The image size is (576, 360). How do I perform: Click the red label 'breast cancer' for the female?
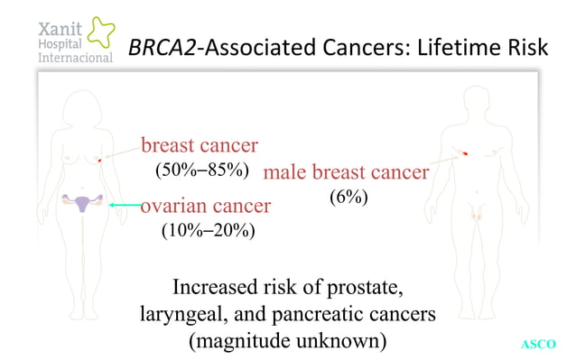(x=200, y=144)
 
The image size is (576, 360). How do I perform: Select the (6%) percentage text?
(x=348, y=197)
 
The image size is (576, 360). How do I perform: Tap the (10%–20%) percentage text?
(x=208, y=231)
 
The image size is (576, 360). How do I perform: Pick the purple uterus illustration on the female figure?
(x=82, y=203)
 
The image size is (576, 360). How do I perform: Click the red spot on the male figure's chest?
(x=464, y=155)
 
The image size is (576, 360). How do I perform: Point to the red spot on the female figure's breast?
(x=98, y=160)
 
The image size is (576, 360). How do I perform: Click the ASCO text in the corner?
(x=539, y=344)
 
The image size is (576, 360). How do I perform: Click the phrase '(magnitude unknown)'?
(x=288, y=341)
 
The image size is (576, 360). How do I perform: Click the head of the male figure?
(x=477, y=98)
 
